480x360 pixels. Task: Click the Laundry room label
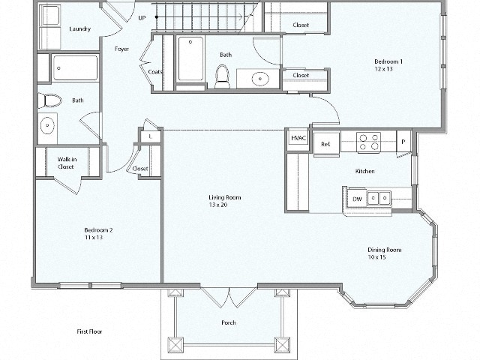(79, 29)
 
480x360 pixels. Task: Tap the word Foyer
(121, 49)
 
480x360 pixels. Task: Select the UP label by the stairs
(142, 17)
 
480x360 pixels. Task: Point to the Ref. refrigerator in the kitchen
(325, 144)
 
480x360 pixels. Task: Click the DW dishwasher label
(357, 199)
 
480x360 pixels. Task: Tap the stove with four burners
(367, 142)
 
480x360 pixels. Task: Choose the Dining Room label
(385, 250)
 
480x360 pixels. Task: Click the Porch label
(228, 323)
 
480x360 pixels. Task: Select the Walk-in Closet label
(66, 163)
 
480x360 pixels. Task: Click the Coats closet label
(155, 72)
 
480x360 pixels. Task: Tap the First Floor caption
(90, 331)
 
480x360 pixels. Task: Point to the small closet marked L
(151, 136)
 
